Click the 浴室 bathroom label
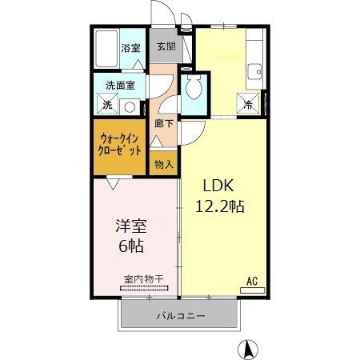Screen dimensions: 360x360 coord(130,48)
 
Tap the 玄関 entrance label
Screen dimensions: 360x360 coord(166,46)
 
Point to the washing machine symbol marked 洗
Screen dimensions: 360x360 coord(106,104)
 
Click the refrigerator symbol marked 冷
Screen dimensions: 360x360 coord(248,103)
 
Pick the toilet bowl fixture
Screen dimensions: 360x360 coord(193,89)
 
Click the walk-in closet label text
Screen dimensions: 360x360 coord(121,144)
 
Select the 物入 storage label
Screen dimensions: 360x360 coord(163,164)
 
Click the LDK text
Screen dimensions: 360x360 coord(216,185)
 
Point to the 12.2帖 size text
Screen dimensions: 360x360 coord(220,206)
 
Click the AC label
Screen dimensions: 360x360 coord(251,280)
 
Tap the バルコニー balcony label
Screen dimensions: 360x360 coord(180,315)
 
